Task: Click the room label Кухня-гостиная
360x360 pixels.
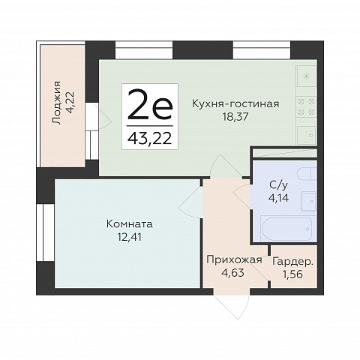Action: [x=235, y=103]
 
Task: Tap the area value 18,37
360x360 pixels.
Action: [x=235, y=116]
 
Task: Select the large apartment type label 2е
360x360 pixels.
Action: [x=150, y=105]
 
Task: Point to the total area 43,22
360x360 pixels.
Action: [x=150, y=138]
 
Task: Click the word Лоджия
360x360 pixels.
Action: [x=57, y=103]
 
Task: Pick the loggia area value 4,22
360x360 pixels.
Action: [x=70, y=103]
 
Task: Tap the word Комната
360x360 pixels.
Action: [x=129, y=224]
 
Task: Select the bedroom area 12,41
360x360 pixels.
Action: [x=129, y=236]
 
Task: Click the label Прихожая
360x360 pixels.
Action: [x=234, y=260]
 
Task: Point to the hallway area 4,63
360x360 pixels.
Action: [x=232, y=272]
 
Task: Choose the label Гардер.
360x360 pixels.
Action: [x=292, y=262]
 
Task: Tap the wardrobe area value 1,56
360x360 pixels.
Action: [x=292, y=274]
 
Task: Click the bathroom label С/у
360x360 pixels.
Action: [x=278, y=185]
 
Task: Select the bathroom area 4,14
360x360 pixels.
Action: [x=278, y=198]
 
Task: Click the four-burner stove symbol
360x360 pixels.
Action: [x=306, y=107]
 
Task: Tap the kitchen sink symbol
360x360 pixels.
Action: [x=307, y=135]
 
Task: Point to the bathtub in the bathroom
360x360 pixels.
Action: [x=286, y=229]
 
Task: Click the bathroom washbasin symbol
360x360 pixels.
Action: [x=309, y=201]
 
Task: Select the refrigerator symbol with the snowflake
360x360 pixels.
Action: [x=306, y=76]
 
